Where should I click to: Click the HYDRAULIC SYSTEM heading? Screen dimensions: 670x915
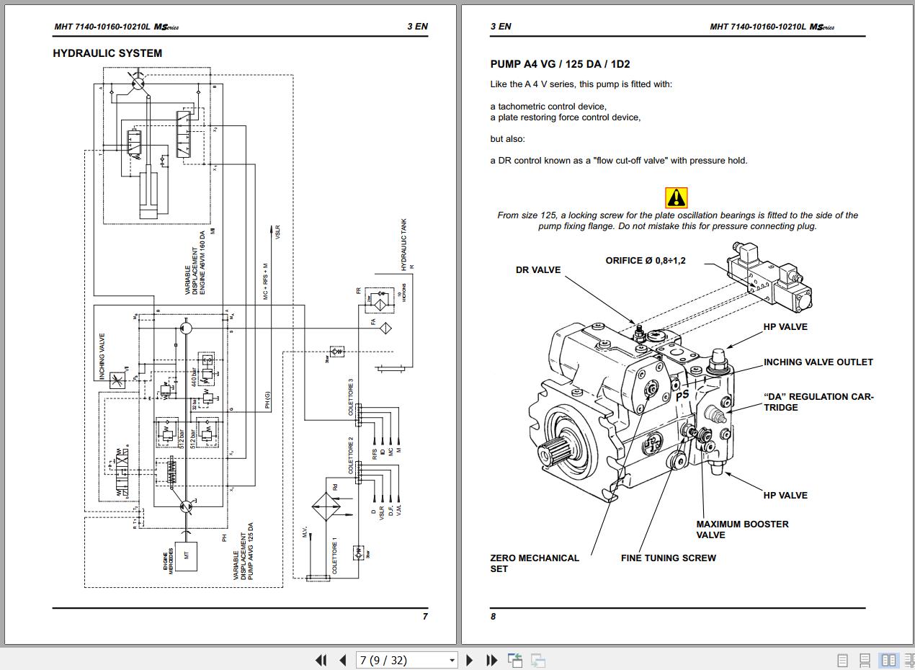click(x=107, y=53)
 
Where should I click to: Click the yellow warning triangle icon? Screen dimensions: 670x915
click(x=676, y=197)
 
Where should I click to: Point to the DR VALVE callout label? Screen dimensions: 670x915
click(x=537, y=270)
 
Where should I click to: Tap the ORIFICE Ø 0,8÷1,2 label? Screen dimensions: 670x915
click(x=645, y=261)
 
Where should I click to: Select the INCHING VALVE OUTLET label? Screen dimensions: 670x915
click(x=818, y=362)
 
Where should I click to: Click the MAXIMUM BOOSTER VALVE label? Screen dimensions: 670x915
click(x=741, y=530)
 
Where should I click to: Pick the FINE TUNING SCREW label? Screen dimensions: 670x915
click(x=668, y=558)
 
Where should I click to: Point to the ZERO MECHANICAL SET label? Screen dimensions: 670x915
click(x=534, y=563)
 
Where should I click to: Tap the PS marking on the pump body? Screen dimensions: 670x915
click(x=682, y=395)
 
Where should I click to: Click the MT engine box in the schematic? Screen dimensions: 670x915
click(x=186, y=555)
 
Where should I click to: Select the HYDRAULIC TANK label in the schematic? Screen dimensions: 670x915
click(x=404, y=245)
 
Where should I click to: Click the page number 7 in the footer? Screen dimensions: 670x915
click(x=425, y=617)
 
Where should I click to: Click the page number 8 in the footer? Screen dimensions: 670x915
click(x=493, y=617)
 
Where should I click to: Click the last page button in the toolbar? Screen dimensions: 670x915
click(x=492, y=660)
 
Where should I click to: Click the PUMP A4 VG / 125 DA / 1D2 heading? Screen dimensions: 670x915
click(x=560, y=64)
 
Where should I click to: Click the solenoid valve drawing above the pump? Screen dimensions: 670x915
click(x=769, y=277)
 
